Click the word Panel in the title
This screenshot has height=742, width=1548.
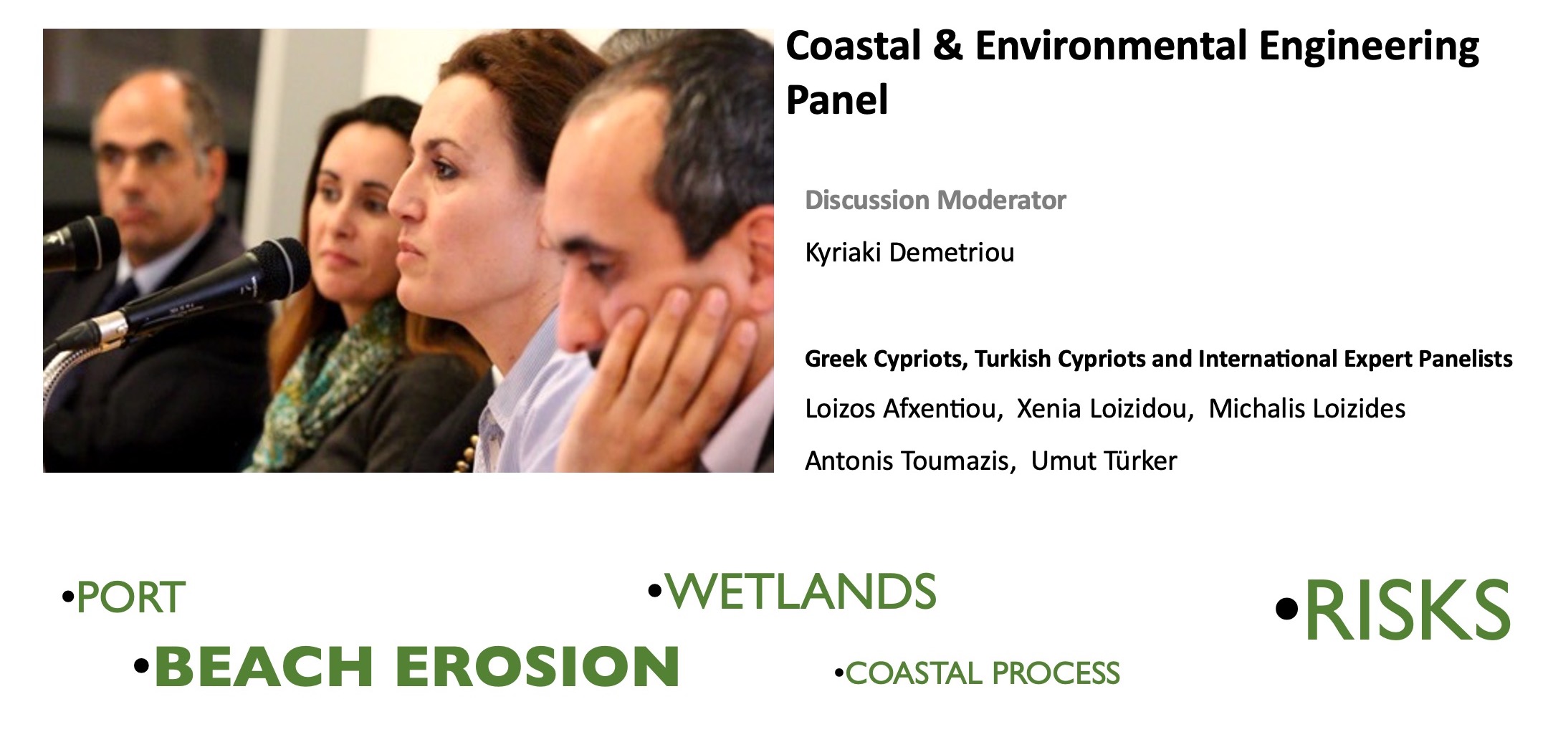(x=837, y=99)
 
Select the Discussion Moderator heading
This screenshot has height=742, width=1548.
(x=935, y=200)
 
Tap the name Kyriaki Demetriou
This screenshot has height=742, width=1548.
(x=909, y=252)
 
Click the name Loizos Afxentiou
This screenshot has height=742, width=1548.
(x=901, y=408)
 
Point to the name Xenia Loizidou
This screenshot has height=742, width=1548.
(x=1104, y=408)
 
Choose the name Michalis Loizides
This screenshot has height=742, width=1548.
(x=1307, y=408)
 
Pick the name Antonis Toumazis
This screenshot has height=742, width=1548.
(x=909, y=461)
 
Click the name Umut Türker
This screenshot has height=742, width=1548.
(x=1104, y=461)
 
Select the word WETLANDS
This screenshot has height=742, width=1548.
(x=801, y=592)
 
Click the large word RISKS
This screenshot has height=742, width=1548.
(x=1408, y=610)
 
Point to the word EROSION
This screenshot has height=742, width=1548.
(x=537, y=666)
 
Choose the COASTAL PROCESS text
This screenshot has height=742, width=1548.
(x=983, y=673)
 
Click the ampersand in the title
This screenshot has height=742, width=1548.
(x=947, y=46)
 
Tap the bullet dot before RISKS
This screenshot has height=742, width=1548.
(x=1287, y=609)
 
